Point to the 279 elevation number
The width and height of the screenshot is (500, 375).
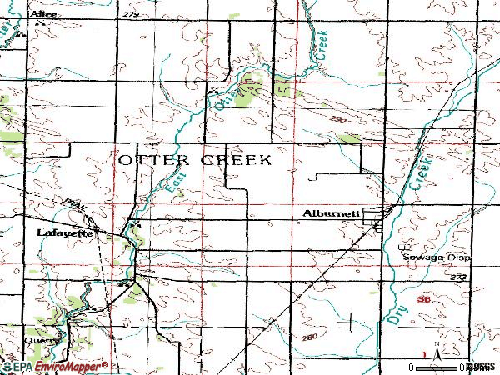tap(131, 14)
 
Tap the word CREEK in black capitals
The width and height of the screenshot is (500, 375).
tap(237, 159)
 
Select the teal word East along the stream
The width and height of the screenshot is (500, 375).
tap(171, 181)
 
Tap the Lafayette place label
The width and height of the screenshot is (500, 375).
tap(66, 233)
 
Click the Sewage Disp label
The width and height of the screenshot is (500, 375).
tap(437, 257)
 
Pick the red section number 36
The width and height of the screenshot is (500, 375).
tap(424, 299)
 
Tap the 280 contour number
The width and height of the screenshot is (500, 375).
tap(311, 337)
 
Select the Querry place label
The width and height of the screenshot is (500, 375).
tap(42, 340)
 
